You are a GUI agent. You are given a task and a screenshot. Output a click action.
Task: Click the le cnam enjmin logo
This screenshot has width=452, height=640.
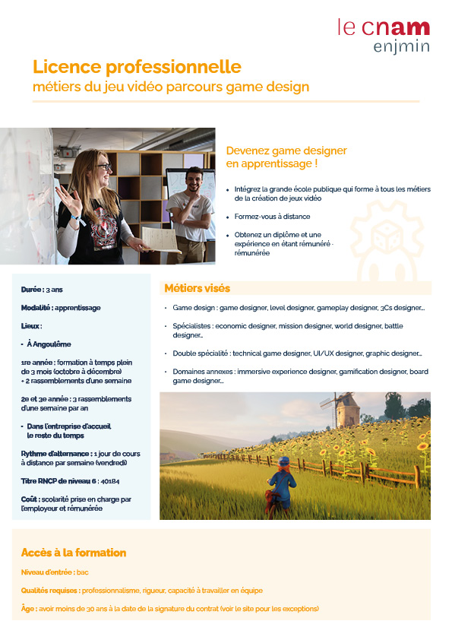[x=384, y=36]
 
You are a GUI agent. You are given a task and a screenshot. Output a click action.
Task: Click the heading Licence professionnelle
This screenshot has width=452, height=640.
[x=137, y=68]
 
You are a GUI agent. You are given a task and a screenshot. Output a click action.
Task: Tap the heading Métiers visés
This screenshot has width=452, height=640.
[x=198, y=288]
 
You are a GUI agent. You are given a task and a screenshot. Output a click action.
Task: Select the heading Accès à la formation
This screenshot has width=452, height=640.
[x=73, y=553]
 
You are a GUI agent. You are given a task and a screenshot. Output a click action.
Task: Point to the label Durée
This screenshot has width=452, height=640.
[x=32, y=290]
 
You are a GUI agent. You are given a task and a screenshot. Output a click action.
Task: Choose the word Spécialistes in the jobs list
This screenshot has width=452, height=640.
[x=191, y=325]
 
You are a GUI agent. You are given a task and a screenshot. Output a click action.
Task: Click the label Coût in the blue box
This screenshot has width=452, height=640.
[x=30, y=499]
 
